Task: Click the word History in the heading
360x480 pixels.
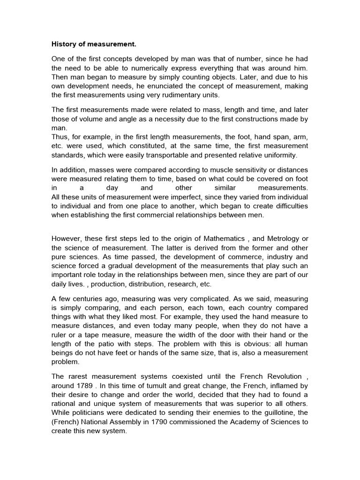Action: tap(63, 45)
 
